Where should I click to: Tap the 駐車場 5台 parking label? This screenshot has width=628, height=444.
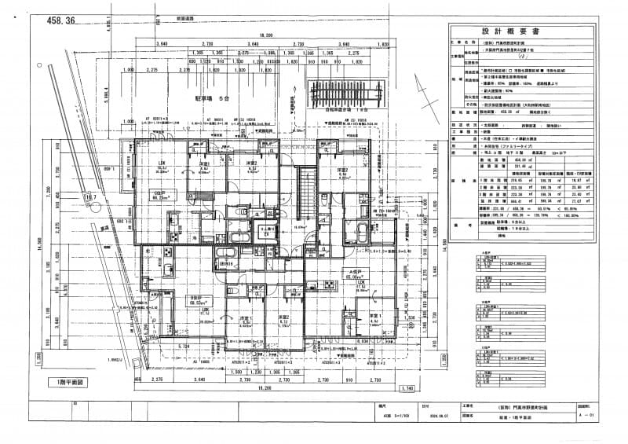[213, 100]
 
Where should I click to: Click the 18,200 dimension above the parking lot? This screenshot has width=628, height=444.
[266, 35]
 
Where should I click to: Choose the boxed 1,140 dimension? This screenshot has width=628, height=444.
[407, 388]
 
